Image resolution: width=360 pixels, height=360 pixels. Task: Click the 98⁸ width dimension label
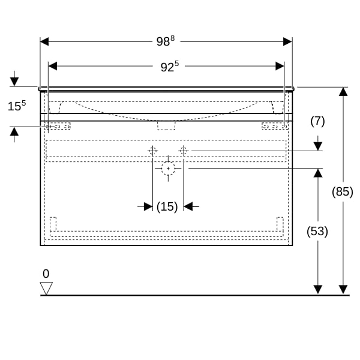pyautogui.click(x=166, y=41)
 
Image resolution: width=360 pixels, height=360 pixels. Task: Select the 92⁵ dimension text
pyautogui.click(x=169, y=67)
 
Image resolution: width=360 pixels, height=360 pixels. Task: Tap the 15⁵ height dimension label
pyautogui.click(x=17, y=106)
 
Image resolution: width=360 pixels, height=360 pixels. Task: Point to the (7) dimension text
pyautogui.click(x=317, y=121)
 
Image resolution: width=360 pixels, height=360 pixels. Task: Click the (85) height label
pyautogui.click(x=343, y=191)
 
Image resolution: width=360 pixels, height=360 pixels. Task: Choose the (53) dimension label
pyautogui.click(x=317, y=231)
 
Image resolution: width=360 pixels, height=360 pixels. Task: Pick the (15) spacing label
pyautogui.click(x=167, y=206)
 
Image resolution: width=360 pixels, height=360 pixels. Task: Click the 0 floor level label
pyautogui.click(x=46, y=274)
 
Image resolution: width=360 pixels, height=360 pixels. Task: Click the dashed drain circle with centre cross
pyautogui.click(x=168, y=169)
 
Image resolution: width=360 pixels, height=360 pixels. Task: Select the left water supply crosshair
pyautogui.click(x=152, y=151)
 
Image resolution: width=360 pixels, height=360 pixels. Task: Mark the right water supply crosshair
pyautogui.click(x=184, y=151)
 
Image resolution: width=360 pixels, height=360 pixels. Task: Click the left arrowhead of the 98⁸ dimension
pyautogui.click(x=44, y=42)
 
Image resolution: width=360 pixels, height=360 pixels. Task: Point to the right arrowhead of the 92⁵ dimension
pyautogui.click(x=280, y=66)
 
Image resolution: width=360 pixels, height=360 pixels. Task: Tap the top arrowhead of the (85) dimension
pyautogui.click(x=343, y=92)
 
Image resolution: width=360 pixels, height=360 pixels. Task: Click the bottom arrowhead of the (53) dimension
pyautogui.click(x=318, y=290)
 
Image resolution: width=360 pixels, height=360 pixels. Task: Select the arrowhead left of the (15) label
pyautogui.click(x=148, y=206)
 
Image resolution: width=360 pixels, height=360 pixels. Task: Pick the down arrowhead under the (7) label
pyautogui.click(x=318, y=146)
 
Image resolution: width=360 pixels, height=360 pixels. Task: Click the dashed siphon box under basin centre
pyautogui.click(x=166, y=125)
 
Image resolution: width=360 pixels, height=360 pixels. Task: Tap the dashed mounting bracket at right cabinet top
pyautogui.click(x=275, y=126)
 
